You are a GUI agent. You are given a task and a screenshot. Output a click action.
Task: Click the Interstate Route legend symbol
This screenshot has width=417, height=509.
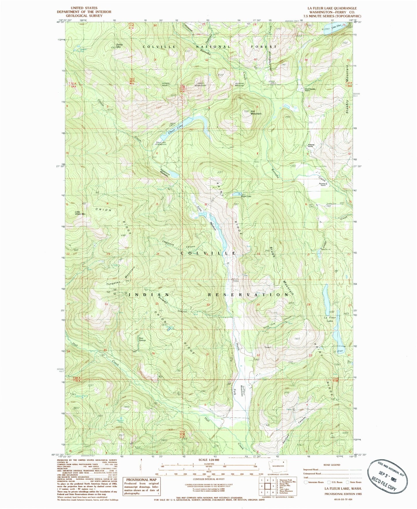click(x=306, y=482)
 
